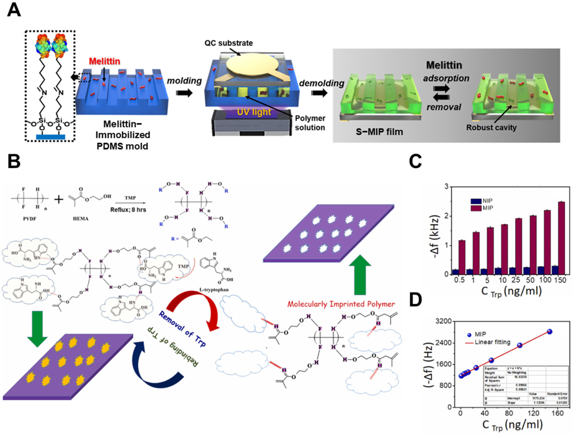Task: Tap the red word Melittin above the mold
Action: [x=105, y=61]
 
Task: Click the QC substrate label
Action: [x=228, y=43]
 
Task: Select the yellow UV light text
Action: [x=254, y=112]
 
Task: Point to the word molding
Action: [x=184, y=81]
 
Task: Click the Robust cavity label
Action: [x=491, y=128]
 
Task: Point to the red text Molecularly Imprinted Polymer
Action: [x=341, y=304]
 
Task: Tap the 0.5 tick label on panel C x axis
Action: [x=459, y=280]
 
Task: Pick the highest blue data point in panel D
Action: [x=549, y=332]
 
